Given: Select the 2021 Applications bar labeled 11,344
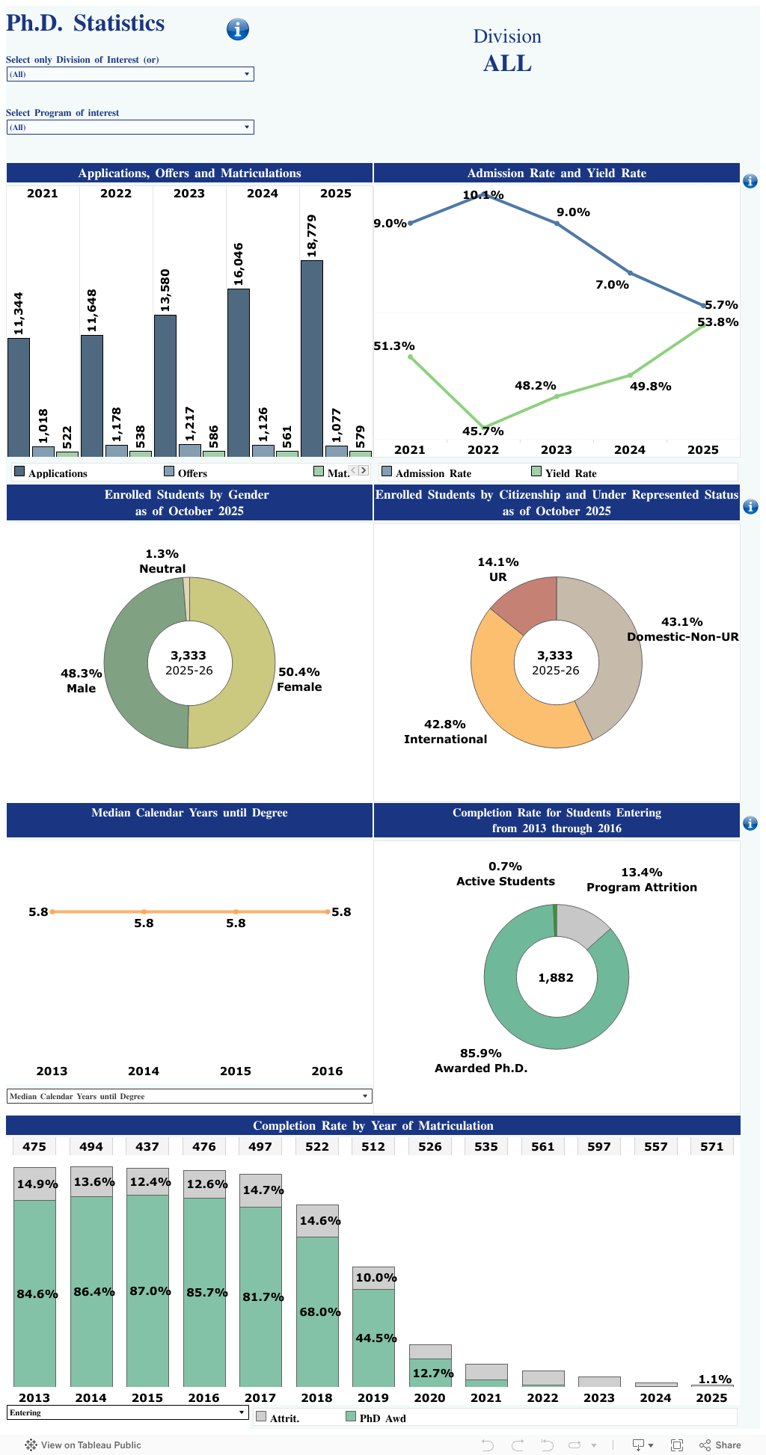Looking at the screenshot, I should point(19,396).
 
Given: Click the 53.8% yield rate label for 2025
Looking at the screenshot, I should point(717,322).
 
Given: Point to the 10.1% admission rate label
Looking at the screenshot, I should point(482,195).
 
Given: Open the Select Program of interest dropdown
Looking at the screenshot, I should point(130,127).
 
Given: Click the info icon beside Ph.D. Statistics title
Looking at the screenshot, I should point(237,29).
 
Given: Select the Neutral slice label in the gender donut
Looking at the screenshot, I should point(162,562).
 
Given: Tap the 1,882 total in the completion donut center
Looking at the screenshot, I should point(556,977).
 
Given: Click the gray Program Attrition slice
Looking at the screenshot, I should point(582,924).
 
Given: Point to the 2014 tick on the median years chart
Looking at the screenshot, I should point(144,1071).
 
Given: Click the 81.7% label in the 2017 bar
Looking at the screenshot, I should point(263,1296).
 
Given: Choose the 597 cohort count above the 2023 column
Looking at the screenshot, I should point(598,1146).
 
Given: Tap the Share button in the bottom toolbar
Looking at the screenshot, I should point(720,1445).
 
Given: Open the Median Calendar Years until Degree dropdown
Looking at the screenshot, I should point(189,1096).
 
